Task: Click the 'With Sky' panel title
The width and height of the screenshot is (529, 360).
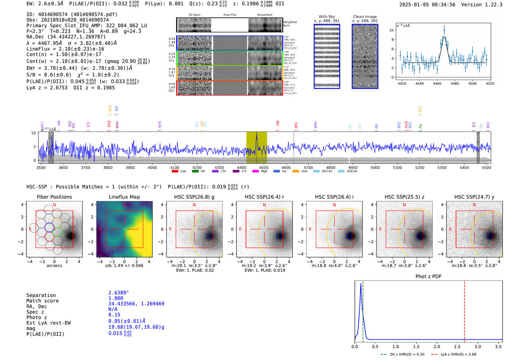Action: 326,17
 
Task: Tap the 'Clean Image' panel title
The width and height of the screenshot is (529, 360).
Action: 365,17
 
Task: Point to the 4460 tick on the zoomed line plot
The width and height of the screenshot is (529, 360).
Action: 437,83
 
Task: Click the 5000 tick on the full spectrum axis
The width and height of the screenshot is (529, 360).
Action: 375,167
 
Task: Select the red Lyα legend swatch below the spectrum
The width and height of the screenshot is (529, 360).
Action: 175,172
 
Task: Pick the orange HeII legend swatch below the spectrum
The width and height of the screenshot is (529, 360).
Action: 295,172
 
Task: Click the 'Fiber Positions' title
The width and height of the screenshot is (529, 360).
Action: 54,197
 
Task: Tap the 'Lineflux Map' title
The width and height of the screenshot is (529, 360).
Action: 124,197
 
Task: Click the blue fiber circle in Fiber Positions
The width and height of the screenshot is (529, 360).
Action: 49,227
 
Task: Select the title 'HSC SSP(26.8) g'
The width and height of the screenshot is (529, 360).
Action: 194,197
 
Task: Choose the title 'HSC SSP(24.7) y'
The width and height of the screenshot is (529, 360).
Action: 474,197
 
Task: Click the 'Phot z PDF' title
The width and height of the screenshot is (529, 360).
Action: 428,277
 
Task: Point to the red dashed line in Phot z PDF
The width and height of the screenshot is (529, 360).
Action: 464,310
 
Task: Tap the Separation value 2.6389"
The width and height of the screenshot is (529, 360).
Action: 119,293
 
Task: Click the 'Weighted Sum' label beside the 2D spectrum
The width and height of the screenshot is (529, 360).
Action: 290,24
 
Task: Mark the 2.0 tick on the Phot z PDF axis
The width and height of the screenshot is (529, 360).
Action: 437,346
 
